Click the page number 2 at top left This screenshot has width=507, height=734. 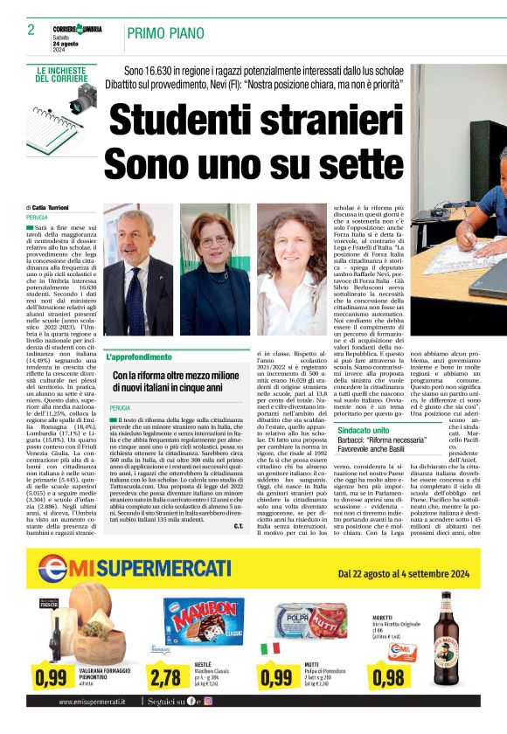tap(31, 30)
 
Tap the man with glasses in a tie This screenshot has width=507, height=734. tap(138, 271)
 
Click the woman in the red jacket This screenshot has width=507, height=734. tap(214, 271)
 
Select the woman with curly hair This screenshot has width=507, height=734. tap(288, 271)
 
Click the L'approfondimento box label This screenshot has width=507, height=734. tap(139, 357)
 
